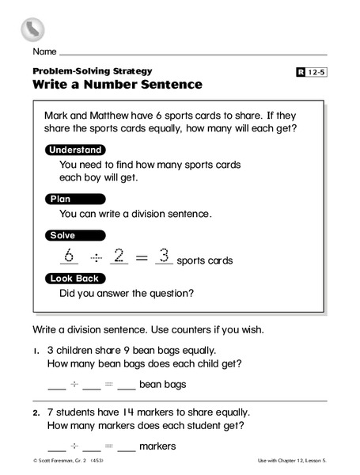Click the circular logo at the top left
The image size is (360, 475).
tap(32, 29)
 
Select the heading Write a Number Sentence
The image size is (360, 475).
tap(117, 84)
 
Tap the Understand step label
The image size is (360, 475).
tap(75, 150)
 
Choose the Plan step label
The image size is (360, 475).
tap(61, 199)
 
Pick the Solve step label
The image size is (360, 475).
tap(63, 235)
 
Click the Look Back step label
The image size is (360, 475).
tap(74, 278)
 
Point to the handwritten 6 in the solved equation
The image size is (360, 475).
tap(68, 256)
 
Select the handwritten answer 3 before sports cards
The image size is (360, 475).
tap(164, 256)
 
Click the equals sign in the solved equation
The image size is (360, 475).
tap(141, 256)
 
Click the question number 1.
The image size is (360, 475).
tap(36, 350)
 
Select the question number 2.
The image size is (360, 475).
tap(36, 412)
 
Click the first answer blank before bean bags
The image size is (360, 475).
tap(57, 388)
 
